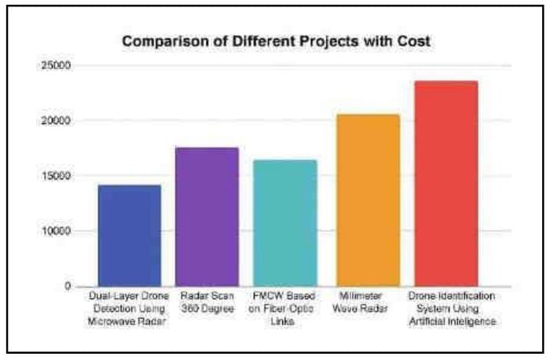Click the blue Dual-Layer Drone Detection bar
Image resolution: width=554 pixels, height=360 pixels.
pyautogui.click(x=129, y=236)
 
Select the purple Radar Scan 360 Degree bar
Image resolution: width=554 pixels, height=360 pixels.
pyautogui.click(x=206, y=217)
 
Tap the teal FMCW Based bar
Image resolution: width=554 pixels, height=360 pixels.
pyautogui.click(x=285, y=223)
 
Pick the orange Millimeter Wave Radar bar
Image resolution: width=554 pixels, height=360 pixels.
pyautogui.click(x=367, y=200)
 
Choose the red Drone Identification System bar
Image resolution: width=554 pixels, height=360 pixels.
pyautogui.click(x=445, y=184)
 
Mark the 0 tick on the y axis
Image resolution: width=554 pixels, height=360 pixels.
pyautogui.click(x=68, y=286)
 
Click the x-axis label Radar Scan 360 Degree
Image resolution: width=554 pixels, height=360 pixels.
pyautogui.click(x=206, y=303)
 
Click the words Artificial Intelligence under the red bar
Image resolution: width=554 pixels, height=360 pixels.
pyautogui.click(x=452, y=321)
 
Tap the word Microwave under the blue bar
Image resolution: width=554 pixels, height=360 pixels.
pyautogui.click(x=115, y=321)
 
